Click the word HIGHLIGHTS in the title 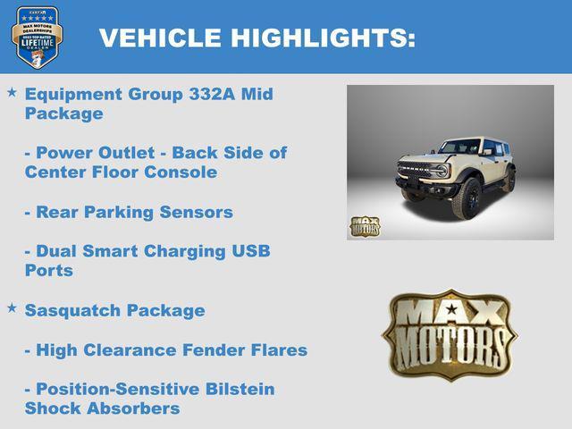point(324,38)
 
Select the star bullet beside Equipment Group point(12,92)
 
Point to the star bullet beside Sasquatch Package point(12,307)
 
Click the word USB point(249,250)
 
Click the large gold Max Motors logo point(450,333)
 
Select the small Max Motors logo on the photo point(364,226)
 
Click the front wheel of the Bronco point(466,198)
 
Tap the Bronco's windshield point(460,147)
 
